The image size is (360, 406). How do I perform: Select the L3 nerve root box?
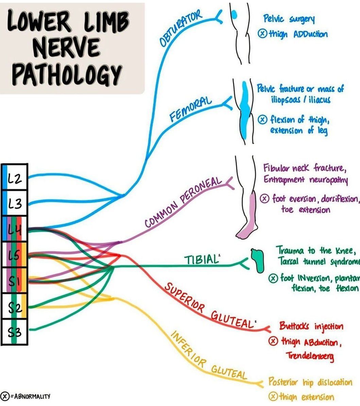tap(14, 204)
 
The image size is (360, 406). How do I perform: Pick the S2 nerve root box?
tap(14, 307)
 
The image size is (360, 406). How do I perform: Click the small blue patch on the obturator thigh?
tap(234, 14)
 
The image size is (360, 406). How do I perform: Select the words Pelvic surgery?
tap(289, 19)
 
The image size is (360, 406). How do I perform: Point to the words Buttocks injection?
tap(311, 326)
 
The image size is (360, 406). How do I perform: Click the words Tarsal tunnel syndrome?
tap(318, 262)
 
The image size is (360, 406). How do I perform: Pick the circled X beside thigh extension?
tap(273, 396)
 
